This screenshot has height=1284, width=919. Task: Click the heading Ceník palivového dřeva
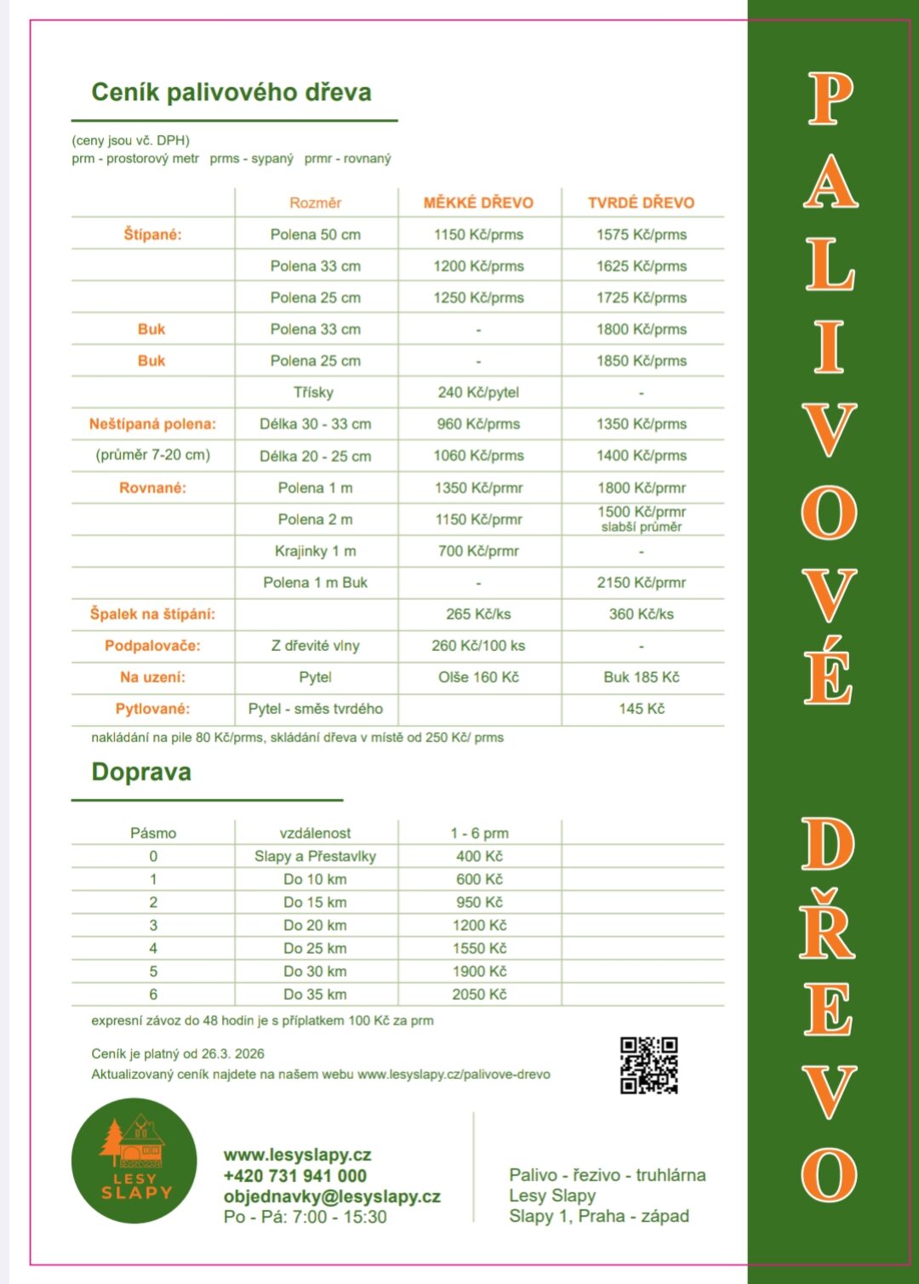[x=231, y=93]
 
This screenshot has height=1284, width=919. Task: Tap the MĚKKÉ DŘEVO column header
[x=478, y=203]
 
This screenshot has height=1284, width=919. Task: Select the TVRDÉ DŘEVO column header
[x=641, y=203]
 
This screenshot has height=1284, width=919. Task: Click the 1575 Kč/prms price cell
[x=641, y=235]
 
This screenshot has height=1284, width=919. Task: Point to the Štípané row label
[x=152, y=235]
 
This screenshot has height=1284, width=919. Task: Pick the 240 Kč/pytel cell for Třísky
[x=478, y=392]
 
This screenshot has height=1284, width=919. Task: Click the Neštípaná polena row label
[x=152, y=424]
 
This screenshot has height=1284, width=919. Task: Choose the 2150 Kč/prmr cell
[x=641, y=583]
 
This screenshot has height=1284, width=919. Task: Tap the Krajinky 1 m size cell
[x=315, y=551]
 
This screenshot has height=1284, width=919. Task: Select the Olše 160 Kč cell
[x=478, y=677]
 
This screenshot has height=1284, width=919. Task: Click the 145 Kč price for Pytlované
[x=641, y=709]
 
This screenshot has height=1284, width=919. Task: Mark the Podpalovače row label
[x=152, y=646]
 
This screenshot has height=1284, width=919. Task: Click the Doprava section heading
[x=141, y=773]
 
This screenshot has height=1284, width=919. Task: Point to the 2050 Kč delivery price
[x=479, y=994]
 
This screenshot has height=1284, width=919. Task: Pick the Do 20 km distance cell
[x=315, y=925]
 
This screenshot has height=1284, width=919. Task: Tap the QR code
[x=648, y=1064]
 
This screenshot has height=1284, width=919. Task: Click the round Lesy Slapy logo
[x=134, y=1161]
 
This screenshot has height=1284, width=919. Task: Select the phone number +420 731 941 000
[x=295, y=1176]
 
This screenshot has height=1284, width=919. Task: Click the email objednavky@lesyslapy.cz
[x=332, y=1196]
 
